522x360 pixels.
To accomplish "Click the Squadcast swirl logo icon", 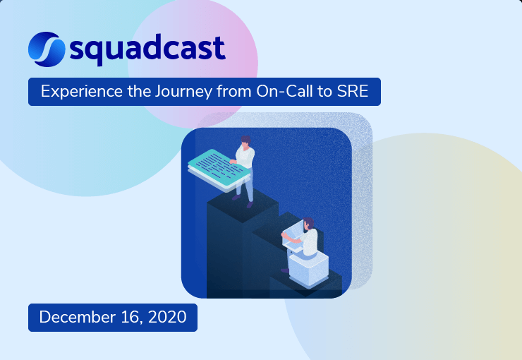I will pyautogui.click(x=47, y=47).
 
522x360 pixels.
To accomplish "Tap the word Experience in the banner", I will pyautogui.click(x=74, y=92).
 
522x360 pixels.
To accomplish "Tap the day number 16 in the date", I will pyautogui.click(x=124, y=318).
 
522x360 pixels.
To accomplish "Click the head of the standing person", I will pyautogui.click(x=245, y=140).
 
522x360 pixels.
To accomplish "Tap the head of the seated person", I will pyautogui.click(x=307, y=224).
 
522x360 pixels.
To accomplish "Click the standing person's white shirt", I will pyautogui.click(x=245, y=157).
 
